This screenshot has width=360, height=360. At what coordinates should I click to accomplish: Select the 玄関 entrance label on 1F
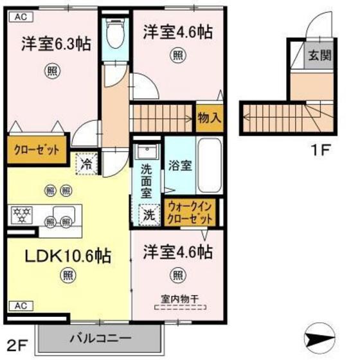pos(319,56)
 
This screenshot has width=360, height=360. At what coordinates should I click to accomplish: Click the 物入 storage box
pos(209,118)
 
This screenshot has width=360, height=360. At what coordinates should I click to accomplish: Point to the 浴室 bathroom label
pos(179,165)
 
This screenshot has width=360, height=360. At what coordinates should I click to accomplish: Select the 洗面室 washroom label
pos(147,183)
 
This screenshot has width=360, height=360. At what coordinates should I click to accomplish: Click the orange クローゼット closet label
pos(36,150)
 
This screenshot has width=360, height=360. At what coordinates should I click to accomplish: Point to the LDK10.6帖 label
pos(68,255)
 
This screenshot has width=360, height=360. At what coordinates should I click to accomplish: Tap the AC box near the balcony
pos(20,305)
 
